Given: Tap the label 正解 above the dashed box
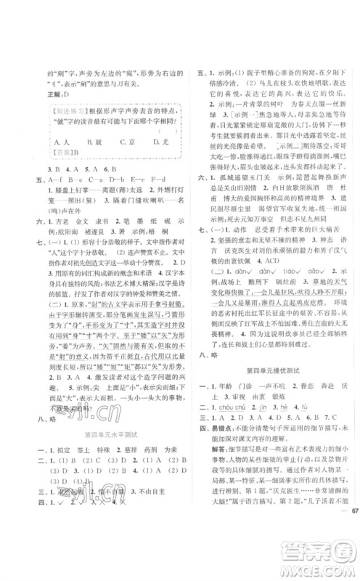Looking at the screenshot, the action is point(55,93).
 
